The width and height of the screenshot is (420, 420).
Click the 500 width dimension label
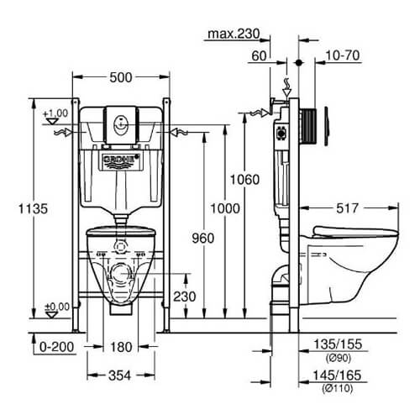tap(121, 77)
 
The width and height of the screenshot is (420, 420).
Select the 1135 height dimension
tap(33, 208)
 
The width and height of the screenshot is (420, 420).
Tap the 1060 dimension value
tap(244, 180)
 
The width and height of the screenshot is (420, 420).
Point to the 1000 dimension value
tap(225, 208)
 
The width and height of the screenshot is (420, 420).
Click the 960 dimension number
tap(203, 238)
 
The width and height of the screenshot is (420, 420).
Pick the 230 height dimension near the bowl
tap(184, 297)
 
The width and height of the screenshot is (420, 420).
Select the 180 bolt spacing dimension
tap(121, 347)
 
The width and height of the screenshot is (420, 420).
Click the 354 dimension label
tap(119, 375)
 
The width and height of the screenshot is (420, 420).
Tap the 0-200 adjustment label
tap(56, 347)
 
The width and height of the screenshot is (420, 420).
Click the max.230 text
tap(234, 34)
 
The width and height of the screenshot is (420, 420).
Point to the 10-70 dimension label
tap(343, 55)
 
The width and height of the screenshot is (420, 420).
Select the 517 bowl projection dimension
tap(347, 208)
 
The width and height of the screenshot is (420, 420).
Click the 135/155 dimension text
tap(338, 344)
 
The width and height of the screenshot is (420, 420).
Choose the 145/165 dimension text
tap(337, 375)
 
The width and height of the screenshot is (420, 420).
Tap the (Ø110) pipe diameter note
tap(337, 388)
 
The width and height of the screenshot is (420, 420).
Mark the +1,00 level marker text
tap(55, 113)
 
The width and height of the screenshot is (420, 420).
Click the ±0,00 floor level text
tap(57, 307)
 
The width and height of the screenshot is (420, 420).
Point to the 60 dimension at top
tap(259, 55)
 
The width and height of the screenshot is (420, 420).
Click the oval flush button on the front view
tap(121, 126)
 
